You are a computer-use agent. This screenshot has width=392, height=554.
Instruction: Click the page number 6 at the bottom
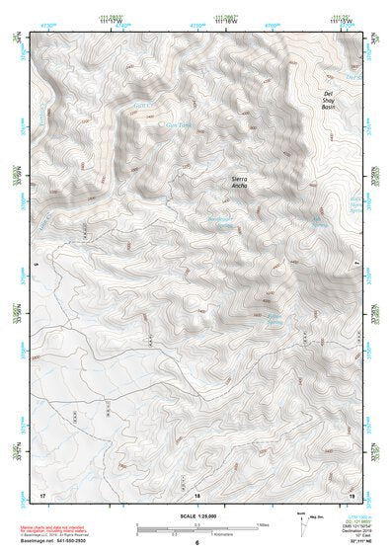tap(196, 544)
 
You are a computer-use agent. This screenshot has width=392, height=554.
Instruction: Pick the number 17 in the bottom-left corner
tap(41, 494)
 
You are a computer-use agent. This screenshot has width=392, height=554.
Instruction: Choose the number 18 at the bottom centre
tap(196, 494)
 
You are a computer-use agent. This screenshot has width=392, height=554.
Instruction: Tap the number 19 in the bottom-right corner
tap(351, 494)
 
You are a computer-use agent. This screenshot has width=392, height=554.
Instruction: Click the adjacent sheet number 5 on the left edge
tap(35, 264)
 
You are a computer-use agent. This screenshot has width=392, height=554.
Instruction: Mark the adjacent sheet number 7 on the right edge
tap(357, 264)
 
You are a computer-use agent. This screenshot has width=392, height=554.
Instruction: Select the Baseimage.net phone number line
tap(49, 542)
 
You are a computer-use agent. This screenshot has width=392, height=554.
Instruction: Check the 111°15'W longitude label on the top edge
tap(340, 23)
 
